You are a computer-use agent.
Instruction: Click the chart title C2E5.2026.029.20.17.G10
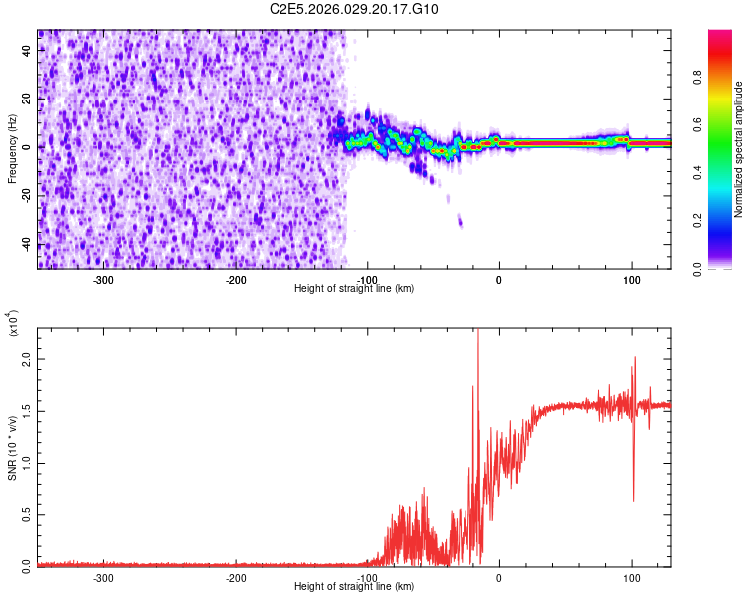coord(354,9)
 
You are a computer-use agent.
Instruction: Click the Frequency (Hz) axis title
coord(12,149)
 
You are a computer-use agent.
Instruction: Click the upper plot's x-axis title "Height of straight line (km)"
coord(354,288)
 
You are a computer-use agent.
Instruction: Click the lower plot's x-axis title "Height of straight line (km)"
coord(354,586)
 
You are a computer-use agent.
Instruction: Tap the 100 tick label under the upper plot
coord(631,280)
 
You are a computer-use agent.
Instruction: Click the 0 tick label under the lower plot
coord(499,578)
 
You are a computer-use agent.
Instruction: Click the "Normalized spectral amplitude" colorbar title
coord(739,149)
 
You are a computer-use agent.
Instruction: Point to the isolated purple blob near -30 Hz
coord(460,222)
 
